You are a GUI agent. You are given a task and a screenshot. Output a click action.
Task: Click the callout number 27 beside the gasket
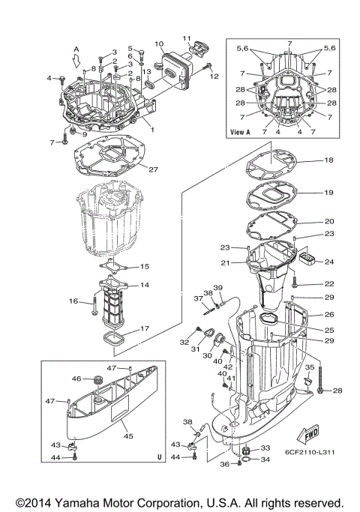tap(152, 169)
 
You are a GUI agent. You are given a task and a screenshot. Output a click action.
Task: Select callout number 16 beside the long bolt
tap(73, 301)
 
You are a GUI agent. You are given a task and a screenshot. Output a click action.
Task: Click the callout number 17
tap(144, 328)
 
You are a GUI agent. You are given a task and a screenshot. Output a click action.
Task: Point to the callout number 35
tap(308, 368)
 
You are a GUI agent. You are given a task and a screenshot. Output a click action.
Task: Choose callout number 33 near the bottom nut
tap(265, 448)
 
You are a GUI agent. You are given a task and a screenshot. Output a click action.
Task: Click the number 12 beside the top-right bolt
tap(214, 76)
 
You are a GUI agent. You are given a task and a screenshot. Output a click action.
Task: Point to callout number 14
tap(145, 285)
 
